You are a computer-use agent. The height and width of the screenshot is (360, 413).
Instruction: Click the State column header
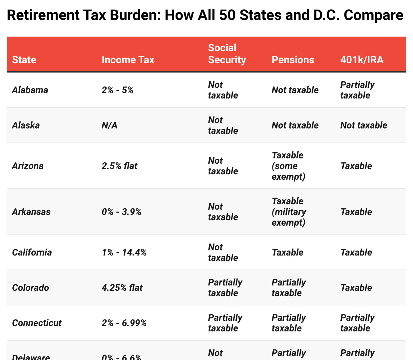pos(24,60)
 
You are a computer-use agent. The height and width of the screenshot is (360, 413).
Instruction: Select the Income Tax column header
pos(128,60)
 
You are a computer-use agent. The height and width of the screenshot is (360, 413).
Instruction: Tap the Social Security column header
pos(227,54)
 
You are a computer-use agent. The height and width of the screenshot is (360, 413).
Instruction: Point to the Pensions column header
pos(293,60)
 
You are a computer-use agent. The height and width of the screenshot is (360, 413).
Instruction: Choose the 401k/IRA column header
pos(362,60)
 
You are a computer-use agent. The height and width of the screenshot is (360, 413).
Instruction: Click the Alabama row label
pos(30,90)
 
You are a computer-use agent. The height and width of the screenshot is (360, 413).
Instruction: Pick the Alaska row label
pos(26,125)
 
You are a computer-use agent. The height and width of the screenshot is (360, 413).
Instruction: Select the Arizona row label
pos(28,166)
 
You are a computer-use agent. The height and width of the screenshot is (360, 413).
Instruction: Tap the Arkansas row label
pos(31,212)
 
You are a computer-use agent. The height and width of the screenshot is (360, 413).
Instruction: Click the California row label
pos(32,253)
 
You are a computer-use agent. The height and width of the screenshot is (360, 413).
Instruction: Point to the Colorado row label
pos(30,288)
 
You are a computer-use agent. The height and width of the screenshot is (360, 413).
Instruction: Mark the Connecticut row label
pos(37,323)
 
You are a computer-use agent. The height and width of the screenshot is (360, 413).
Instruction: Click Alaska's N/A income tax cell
pos(110,125)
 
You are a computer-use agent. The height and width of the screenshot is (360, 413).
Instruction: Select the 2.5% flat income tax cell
pos(119,166)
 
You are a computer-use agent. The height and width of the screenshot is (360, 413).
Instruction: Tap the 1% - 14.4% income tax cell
pos(124,253)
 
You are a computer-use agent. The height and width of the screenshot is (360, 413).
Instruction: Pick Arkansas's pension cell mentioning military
pos(289,212)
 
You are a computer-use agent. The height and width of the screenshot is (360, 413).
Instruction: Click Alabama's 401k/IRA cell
pos(357,90)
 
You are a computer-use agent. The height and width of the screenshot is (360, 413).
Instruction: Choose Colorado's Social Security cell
pos(225,288)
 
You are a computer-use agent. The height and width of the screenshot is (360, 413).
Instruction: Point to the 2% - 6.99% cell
pos(124,323)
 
